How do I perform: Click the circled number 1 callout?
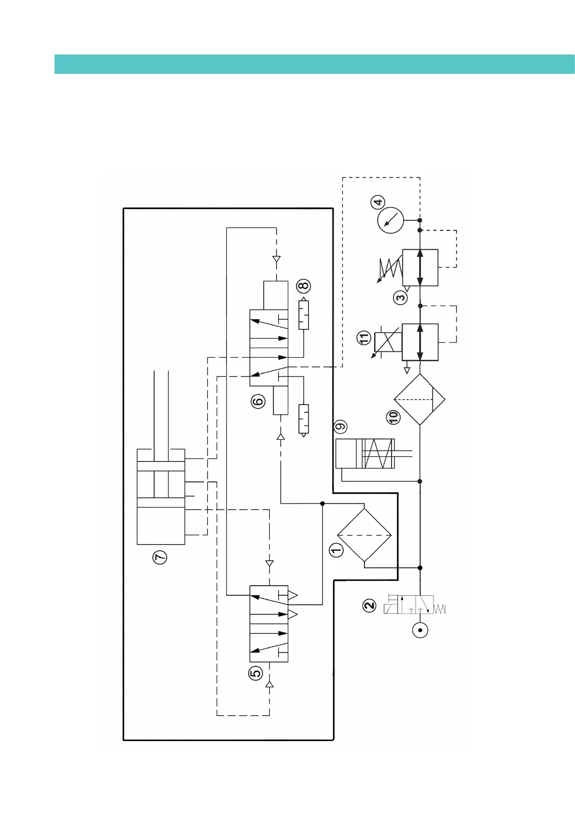pos(336,549)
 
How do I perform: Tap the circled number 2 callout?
pos(369,605)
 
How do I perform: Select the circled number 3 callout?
pos(401,297)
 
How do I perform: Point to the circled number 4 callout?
pos(378,202)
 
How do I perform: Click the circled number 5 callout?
pos(255,673)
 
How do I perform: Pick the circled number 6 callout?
pos(258,401)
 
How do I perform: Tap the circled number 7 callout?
pos(160,557)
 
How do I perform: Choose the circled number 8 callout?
pos(304,286)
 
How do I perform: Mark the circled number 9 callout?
pos(341,427)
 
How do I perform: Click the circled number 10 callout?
pos(394,417)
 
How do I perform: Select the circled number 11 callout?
pos(364,338)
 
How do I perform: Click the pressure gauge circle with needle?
pos(390,221)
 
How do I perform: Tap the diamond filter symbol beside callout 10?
pos(420,400)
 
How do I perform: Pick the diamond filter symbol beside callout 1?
pos(364,535)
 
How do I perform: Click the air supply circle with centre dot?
pos(420,630)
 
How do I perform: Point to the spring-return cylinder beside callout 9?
pos(365,454)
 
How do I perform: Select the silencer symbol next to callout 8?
pos(304,315)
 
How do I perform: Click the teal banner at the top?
pos(314,64)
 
